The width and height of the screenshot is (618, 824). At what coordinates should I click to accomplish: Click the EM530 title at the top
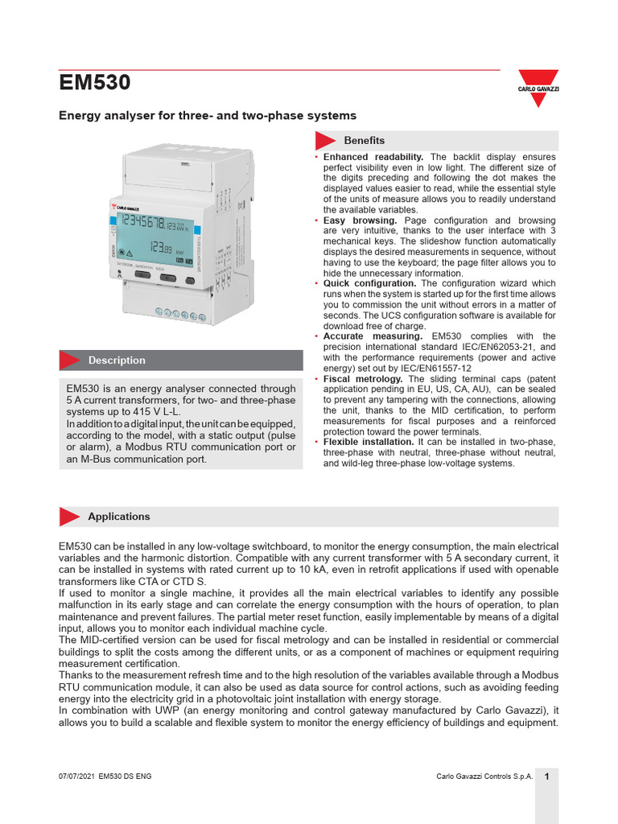(x=95, y=83)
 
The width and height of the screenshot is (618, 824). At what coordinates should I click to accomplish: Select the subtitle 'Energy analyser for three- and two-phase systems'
(x=208, y=116)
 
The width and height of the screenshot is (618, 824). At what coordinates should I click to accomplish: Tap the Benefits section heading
(x=364, y=140)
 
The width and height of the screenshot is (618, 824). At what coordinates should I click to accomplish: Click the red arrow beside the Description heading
(x=71, y=360)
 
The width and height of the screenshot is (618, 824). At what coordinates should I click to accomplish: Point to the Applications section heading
(x=118, y=517)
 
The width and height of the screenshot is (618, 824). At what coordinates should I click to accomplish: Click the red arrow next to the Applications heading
(x=70, y=517)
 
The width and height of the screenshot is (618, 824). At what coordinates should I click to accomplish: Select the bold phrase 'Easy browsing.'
(x=360, y=220)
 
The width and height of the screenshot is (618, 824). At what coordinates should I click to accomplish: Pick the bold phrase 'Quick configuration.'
(x=369, y=283)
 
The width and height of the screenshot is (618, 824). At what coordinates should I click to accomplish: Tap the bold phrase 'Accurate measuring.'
(x=373, y=336)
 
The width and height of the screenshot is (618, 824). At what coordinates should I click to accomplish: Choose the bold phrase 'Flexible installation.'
(x=369, y=443)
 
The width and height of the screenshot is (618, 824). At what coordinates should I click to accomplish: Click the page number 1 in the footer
(x=546, y=777)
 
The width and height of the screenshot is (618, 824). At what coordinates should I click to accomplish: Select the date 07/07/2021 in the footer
(x=76, y=777)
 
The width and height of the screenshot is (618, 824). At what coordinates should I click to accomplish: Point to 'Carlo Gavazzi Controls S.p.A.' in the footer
(x=484, y=777)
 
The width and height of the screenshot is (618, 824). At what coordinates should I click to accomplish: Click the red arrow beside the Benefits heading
(x=325, y=140)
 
